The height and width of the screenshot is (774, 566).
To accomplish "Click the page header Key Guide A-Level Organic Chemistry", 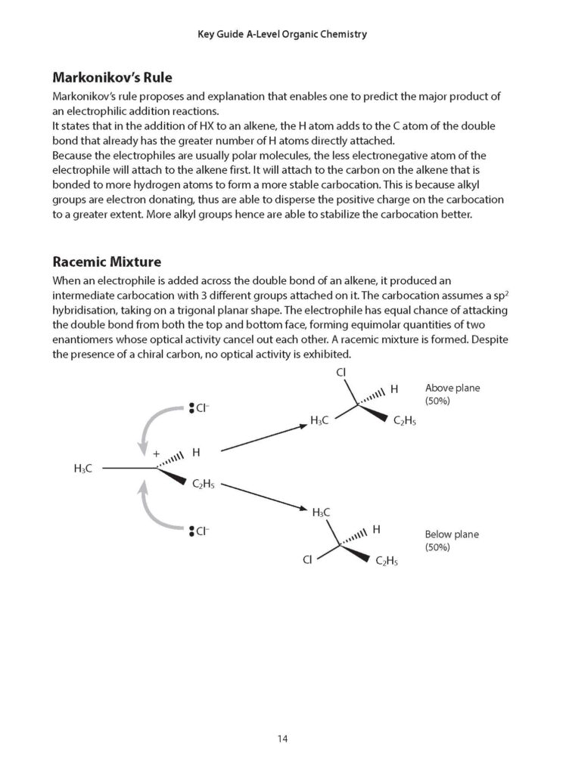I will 282,34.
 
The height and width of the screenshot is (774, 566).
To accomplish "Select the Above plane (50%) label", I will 452,395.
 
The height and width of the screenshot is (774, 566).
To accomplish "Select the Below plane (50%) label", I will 452,540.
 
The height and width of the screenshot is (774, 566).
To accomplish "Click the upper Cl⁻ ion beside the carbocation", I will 199,409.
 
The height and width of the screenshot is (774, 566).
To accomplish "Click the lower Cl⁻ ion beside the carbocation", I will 199,531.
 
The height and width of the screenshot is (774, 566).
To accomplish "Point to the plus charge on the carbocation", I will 157,454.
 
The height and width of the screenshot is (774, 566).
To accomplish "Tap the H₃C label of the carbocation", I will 83,469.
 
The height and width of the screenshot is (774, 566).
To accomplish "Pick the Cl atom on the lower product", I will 307,560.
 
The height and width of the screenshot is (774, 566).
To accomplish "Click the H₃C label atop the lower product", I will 322,512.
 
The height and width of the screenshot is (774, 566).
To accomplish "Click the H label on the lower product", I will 376,530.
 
